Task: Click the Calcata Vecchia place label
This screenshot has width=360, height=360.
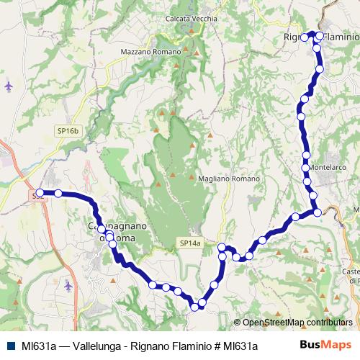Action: [192, 19]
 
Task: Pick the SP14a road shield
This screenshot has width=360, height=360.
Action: [190, 244]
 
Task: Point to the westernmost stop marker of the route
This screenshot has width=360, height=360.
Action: [40, 193]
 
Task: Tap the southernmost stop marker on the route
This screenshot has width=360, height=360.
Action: [194, 307]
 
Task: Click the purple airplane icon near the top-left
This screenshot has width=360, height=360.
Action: [9, 86]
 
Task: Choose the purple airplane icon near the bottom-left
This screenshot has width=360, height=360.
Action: [68, 286]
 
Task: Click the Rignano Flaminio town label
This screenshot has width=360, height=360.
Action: [320, 37]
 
